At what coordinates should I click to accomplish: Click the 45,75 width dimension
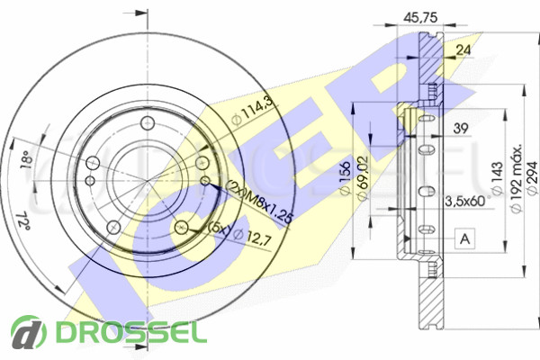tap(420, 17)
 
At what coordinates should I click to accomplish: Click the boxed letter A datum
tap(464, 238)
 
